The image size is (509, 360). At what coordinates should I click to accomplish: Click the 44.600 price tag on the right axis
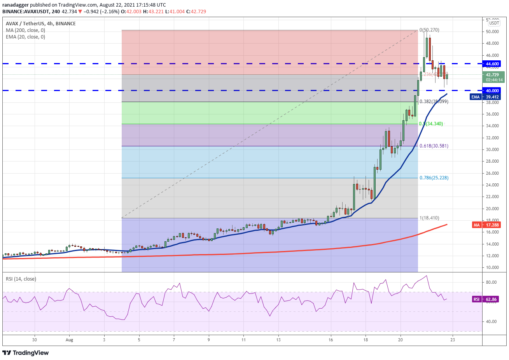pos(492,64)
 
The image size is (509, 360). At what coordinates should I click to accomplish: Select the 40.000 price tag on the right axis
pos(492,91)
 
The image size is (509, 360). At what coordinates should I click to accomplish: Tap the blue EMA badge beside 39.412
pos(476,97)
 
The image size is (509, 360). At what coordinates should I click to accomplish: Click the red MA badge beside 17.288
pos(476,225)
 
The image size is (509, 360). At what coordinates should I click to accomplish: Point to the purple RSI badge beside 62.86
pos(476,299)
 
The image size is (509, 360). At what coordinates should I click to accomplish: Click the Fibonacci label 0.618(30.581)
pos(434,146)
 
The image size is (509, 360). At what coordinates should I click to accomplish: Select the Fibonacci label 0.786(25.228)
pos(434,178)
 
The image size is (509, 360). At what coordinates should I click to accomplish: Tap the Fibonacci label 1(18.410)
pos(429,218)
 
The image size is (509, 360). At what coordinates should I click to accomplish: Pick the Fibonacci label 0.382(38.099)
pos(434,102)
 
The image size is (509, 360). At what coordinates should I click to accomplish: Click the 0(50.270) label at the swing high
pos(429,30)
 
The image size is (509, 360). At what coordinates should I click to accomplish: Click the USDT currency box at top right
pos(494,23)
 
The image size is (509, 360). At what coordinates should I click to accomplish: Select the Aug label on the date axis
pos(69,340)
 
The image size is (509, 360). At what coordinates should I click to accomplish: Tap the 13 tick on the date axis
pos(278,340)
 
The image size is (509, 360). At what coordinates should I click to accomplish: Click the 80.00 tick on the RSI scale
pos(491,282)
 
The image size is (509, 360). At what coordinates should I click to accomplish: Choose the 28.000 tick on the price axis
pos(492,161)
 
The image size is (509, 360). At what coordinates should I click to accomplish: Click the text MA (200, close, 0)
pos(25,30)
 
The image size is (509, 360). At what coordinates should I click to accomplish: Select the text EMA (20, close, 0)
pos(25,37)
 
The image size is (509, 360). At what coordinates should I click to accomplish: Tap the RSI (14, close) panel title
pos(21,279)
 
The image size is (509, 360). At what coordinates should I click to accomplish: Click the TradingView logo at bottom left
pos(26,353)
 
